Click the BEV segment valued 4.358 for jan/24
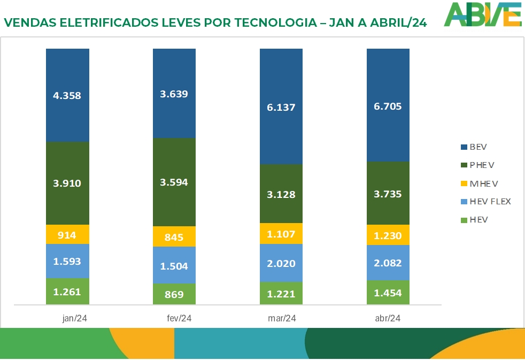click(67, 95)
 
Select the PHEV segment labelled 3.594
click(174, 182)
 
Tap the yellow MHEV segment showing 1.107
click(281, 233)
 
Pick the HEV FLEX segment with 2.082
click(388, 263)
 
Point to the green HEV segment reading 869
click(174, 294)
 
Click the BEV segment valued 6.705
click(388, 105)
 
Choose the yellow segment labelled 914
click(67, 234)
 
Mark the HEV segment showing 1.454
click(388, 293)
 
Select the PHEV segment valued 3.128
click(281, 194)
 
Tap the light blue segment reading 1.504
click(174, 265)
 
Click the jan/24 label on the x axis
click(74, 318)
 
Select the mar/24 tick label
click(282, 318)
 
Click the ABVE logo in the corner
click(483, 14)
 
